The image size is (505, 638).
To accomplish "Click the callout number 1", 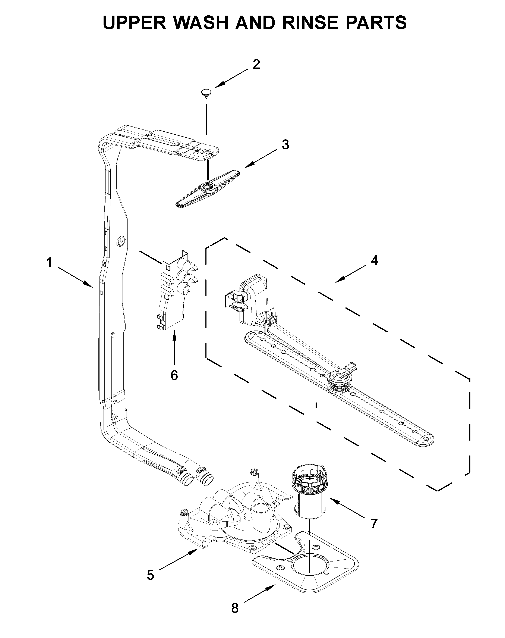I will pyautogui.click(x=49, y=262).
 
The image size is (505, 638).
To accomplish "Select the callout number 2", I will pyautogui.click(x=256, y=65).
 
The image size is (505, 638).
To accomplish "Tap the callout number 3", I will pyautogui.click(x=285, y=145).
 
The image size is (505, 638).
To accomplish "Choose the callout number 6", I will pyautogui.click(x=174, y=375).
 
